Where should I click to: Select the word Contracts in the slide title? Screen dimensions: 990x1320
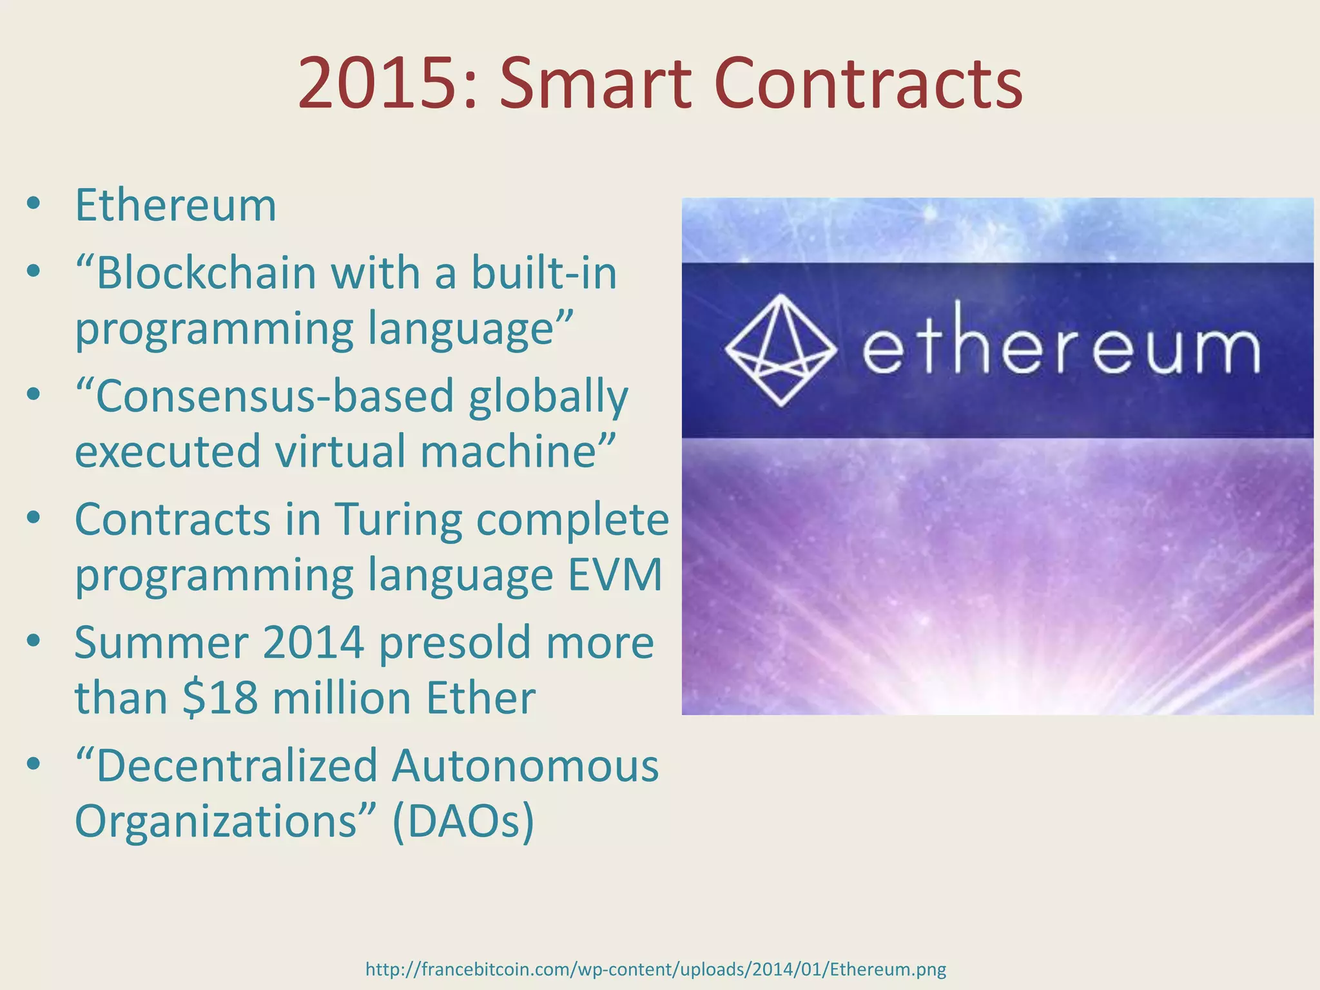click(868, 84)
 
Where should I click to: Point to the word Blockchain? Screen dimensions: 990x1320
click(206, 273)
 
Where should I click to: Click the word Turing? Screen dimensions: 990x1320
click(398, 519)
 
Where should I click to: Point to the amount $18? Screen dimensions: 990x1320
click(220, 697)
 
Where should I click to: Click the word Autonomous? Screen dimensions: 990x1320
click(525, 766)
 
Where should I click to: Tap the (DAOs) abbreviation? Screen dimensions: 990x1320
click(463, 821)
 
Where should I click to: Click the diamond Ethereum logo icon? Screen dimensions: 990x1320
click(781, 350)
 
